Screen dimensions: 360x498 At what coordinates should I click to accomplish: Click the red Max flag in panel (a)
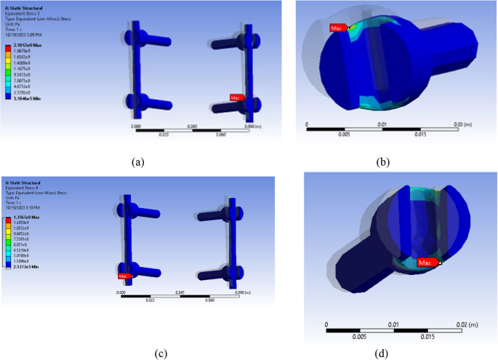[x=237, y=97]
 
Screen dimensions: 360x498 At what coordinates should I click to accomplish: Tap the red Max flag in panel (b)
[x=337, y=28]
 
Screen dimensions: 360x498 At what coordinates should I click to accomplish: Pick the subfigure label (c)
[x=161, y=354]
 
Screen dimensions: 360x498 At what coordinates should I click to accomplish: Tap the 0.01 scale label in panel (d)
[x=393, y=324]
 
